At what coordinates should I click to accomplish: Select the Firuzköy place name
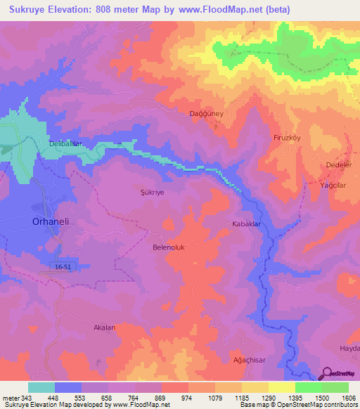coord(287,138)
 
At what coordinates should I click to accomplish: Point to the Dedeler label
coord(339,165)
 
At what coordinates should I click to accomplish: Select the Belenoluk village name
coord(168,247)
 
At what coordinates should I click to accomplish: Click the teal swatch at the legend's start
coord(41,387)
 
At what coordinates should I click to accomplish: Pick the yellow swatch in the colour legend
coord(281,387)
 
